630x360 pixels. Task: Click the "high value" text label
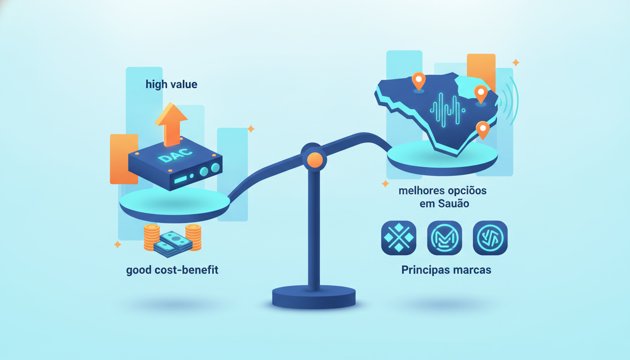tap(171, 84)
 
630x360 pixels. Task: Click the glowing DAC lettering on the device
tap(175, 155)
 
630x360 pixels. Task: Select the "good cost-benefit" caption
tap(172, 270)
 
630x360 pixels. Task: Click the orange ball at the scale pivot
tap(315, 160)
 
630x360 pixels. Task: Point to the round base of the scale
tap(314, 297)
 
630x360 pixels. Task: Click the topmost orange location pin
tap(419, 81)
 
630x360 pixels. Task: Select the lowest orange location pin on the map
tap(483, 130)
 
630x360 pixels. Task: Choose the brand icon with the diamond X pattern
tap(398, 238)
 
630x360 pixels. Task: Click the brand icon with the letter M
tap(444, 238)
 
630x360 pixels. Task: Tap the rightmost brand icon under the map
tap(490, 238)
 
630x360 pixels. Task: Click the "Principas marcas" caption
tap(446, 270)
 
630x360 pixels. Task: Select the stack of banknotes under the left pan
tap(172, 244)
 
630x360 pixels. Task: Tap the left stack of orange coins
tap(151, 237)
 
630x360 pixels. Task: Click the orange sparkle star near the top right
tap(516, 62)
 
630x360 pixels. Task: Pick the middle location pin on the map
tap(481, 94)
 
